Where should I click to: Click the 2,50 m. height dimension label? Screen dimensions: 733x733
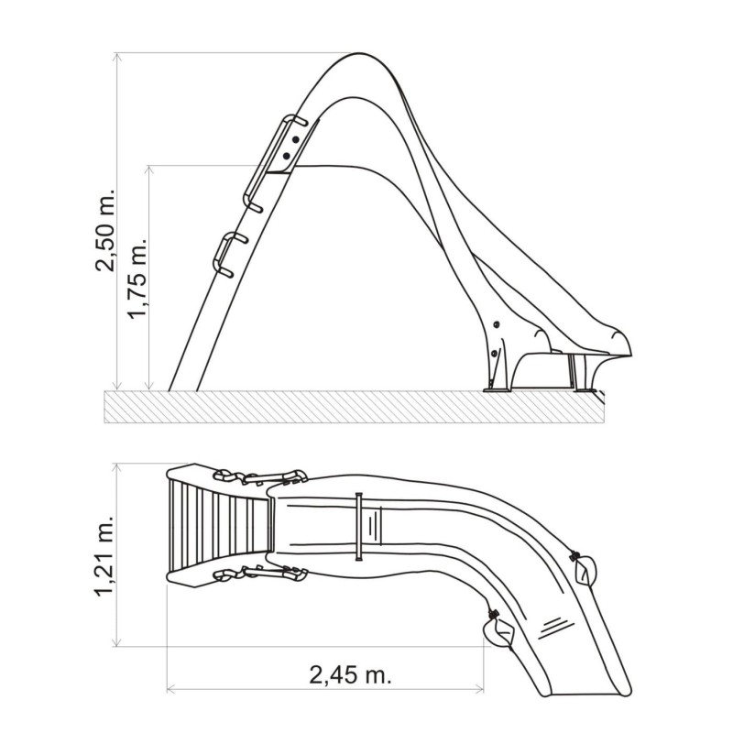[x=108, y=233]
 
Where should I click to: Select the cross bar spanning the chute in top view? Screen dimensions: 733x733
[x=360, y=526]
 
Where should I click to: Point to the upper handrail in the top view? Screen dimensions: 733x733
[x=262, y=476]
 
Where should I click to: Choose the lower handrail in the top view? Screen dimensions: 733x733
[x=262, y=574]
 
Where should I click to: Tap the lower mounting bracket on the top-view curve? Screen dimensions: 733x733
[x=498, y=629]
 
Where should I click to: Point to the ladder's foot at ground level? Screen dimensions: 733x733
[x=182, y=389]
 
